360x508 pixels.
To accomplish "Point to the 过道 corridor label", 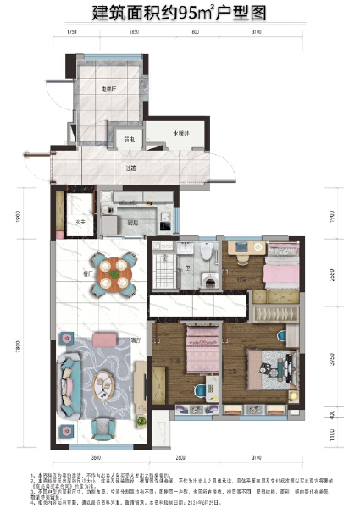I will tap(131, 168).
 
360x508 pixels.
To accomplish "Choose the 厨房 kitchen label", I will tap(133, 223).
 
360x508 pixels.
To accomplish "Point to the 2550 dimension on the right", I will tap(332, 273).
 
